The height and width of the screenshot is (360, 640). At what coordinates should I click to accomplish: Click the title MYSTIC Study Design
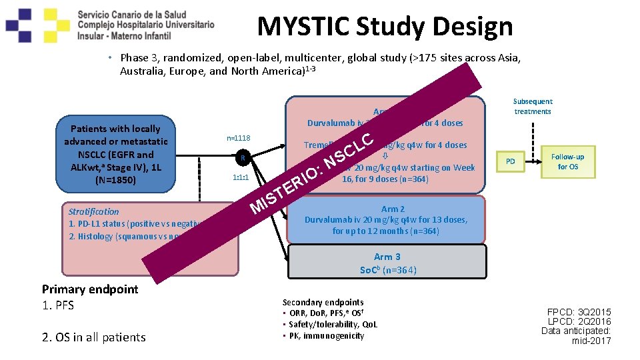385,27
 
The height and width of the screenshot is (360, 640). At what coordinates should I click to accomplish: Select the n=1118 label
239,138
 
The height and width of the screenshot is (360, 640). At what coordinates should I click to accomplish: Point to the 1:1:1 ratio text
241,179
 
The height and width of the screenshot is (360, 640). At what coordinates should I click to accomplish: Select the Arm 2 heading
393,209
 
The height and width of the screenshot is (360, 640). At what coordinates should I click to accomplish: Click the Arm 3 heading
387,257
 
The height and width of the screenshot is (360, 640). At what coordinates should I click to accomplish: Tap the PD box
510,161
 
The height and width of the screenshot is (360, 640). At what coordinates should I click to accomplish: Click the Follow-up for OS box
567,161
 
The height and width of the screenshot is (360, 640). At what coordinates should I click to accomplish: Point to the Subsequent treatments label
532,107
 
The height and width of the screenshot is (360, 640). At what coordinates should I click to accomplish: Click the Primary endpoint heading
90,289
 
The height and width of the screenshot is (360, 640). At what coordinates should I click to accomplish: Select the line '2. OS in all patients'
93,337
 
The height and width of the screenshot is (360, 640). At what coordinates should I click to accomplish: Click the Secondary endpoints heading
323,302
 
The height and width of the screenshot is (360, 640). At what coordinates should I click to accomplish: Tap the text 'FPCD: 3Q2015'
579,312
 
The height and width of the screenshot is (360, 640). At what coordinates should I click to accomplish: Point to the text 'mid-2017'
591,341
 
